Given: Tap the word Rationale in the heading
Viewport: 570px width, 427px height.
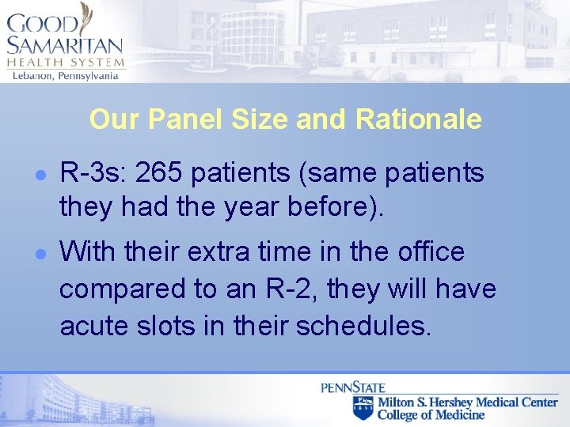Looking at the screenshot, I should click(418, 119).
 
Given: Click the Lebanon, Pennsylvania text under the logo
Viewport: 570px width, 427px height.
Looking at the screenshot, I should click(64, 75).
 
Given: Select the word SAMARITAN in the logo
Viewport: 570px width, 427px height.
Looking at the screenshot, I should click(64, 46).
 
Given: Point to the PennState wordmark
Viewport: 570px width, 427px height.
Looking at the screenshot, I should click(352, 387).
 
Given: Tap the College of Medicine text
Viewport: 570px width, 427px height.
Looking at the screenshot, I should click(431, 414).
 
